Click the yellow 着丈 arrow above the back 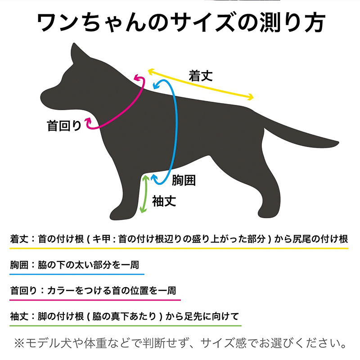pyautogui.click(x=201, y=84)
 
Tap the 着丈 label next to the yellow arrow pyautogui.click(x=201, y=76)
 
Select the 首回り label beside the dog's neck pyautogui.click(x=64, y=126)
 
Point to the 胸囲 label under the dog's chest pyautogui.click(x=184, y=180)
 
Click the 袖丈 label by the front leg pyautogui.click(x=164, y=201)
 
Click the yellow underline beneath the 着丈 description pyautogui.click(x=179, y=248)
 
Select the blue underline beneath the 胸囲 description pyautogui.click(x=77, y=274)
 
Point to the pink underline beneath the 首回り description pyautogui.click(x=95, y=300)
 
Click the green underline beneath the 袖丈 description pyautogui.click(x=126, y=325)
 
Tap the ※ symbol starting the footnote pyautogui.click(x=19, y=343)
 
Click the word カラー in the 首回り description pyautogui.click(x=60, y=291)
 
